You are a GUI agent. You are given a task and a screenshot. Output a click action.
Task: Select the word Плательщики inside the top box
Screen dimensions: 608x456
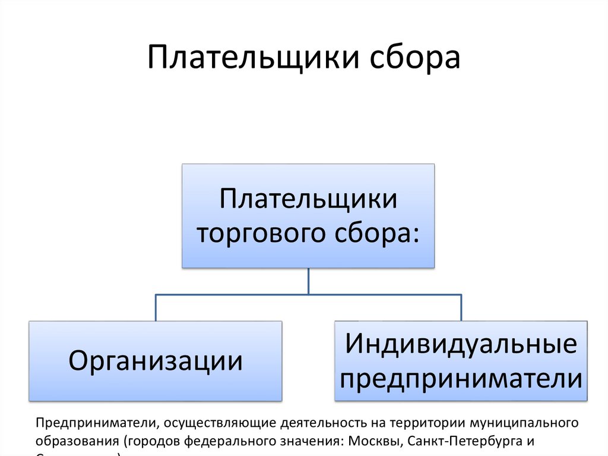click(308, 199)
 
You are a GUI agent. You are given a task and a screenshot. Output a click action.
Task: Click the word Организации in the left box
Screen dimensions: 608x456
click(156, 360)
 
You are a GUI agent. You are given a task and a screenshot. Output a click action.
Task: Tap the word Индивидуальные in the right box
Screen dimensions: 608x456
click(461, 344)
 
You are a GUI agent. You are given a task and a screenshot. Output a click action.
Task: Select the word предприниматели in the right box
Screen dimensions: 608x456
click(461, 378)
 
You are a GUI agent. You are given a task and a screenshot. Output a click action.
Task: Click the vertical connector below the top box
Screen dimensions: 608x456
click(308, 281)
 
